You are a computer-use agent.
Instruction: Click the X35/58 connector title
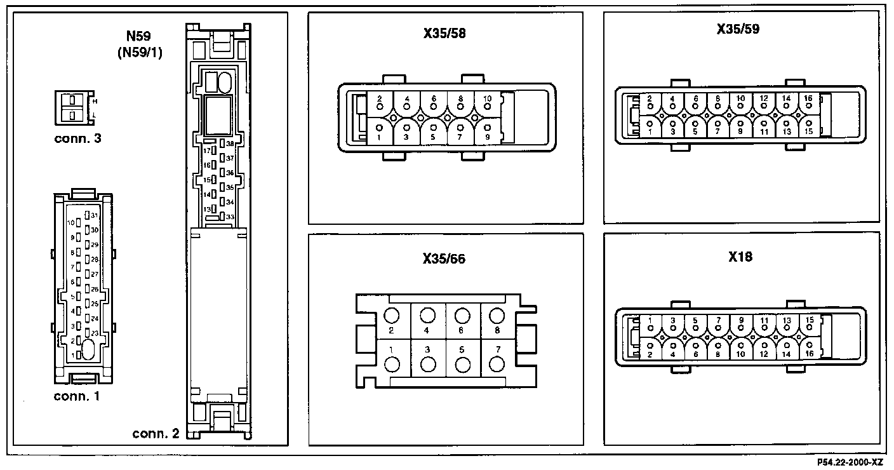[x=444, y=33]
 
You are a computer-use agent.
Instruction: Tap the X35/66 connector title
[x=444, y=259]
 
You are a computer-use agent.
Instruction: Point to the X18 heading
[x=740, y=257]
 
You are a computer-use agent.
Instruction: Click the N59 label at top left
[x=140, y=39]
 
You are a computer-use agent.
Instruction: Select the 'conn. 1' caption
[x=77, y=397]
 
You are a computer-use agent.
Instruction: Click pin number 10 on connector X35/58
[x=487, y=99]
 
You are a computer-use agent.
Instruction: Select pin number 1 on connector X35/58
[x=379, y=137]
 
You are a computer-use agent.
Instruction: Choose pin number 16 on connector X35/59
[x=808, y=98]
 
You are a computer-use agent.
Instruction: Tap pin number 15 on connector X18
[x=809, y=319]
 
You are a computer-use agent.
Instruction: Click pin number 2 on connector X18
[x=651, y=354]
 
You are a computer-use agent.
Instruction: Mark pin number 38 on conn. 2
[x=230, y=144]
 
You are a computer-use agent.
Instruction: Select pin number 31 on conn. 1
[x=94, y=216]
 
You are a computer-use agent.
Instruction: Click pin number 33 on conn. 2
[x=230, y=217]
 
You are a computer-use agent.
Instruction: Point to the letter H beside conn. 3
[x=95, y=101]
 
